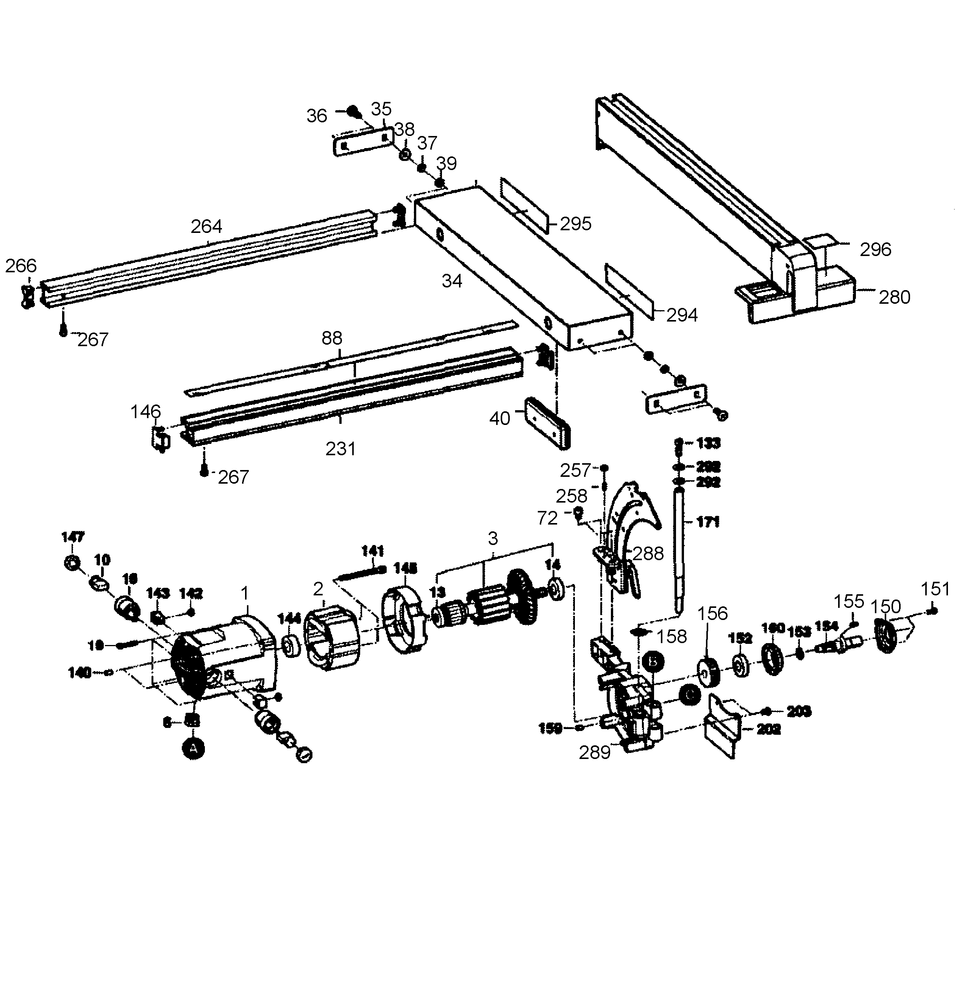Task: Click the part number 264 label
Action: (x=206, y=226)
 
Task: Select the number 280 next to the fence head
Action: (x=894, y=297)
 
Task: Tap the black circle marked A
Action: (x=193, y=748)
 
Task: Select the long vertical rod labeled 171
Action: (x=680, y=548)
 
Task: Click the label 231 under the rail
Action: (x=340, y=449)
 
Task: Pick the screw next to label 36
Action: (x=354, y=111)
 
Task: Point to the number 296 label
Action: (x=875, y=250)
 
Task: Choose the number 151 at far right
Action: (x=935, y=589)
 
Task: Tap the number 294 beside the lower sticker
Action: (x=682, y=315)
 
